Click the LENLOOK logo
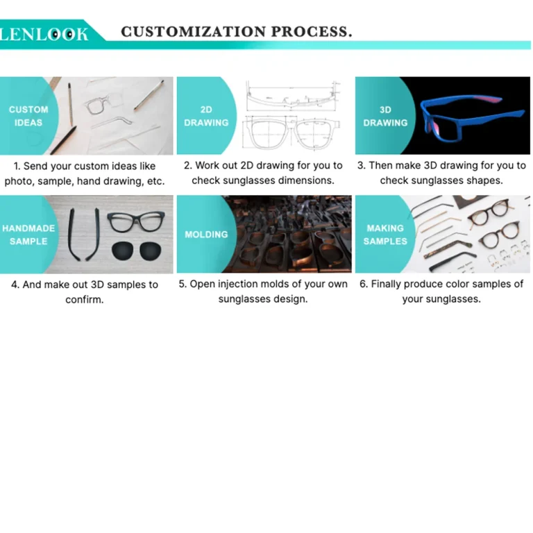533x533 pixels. tap(44, 33)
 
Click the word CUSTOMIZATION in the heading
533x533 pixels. tap(194, 32)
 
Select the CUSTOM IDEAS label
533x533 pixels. tap(28, 116)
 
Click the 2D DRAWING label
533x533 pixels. tap(206, 116)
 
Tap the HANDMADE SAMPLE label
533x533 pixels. tap(28, 235)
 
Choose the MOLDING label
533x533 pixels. tap(206, 235)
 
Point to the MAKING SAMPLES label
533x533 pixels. tap(385, 235)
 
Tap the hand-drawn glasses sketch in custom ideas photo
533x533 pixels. tap(103, 108)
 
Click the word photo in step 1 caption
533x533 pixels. tap(18, 181)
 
